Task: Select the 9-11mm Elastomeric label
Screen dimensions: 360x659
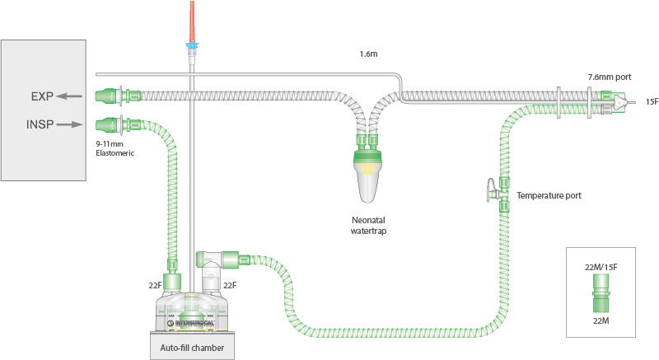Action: coord(115,147)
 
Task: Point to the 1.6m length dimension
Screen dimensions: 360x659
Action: coord(368,55)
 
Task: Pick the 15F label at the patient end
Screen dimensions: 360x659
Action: coord(651,101)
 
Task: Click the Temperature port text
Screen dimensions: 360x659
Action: coord(549,195)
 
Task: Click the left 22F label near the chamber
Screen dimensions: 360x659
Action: coord(154,284)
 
